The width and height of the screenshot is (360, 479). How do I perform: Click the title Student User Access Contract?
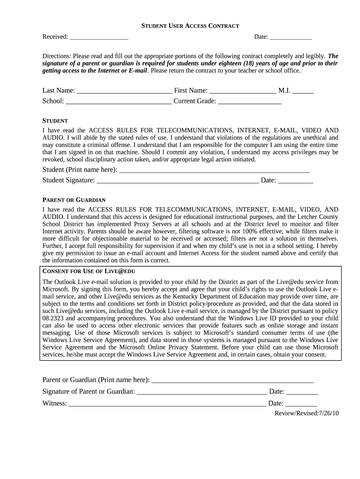(x=190, y=26)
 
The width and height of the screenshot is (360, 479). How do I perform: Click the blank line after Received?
(x=99, y=37)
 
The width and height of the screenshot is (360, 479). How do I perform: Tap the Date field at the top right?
(x=291, y=37)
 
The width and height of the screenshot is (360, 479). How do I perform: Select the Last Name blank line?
(x=124, y=91)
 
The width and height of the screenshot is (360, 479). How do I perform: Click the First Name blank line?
(x=243, y=91)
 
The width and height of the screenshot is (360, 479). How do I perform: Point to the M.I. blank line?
(x=303, y=91)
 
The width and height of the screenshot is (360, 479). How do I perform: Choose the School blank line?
(x=119, y=101)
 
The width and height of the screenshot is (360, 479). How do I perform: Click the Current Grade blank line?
(x=250, y=101)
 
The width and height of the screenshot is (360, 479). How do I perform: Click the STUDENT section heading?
(x=55, y=121)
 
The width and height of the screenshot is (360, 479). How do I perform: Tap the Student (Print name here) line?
(x=215, y=170)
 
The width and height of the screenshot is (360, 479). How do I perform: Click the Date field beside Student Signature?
(x=295, y=181)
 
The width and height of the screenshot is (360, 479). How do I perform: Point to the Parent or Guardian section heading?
(x=74, y=200)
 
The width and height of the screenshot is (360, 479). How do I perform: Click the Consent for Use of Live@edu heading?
(x=89, y=271)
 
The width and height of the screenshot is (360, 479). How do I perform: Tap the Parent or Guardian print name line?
(x=232, y=380)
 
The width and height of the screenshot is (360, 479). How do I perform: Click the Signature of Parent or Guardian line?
(x=202, y=392)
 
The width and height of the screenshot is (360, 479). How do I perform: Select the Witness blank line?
(x=167, y=404)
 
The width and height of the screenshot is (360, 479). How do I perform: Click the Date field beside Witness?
(x=301, y=404)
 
